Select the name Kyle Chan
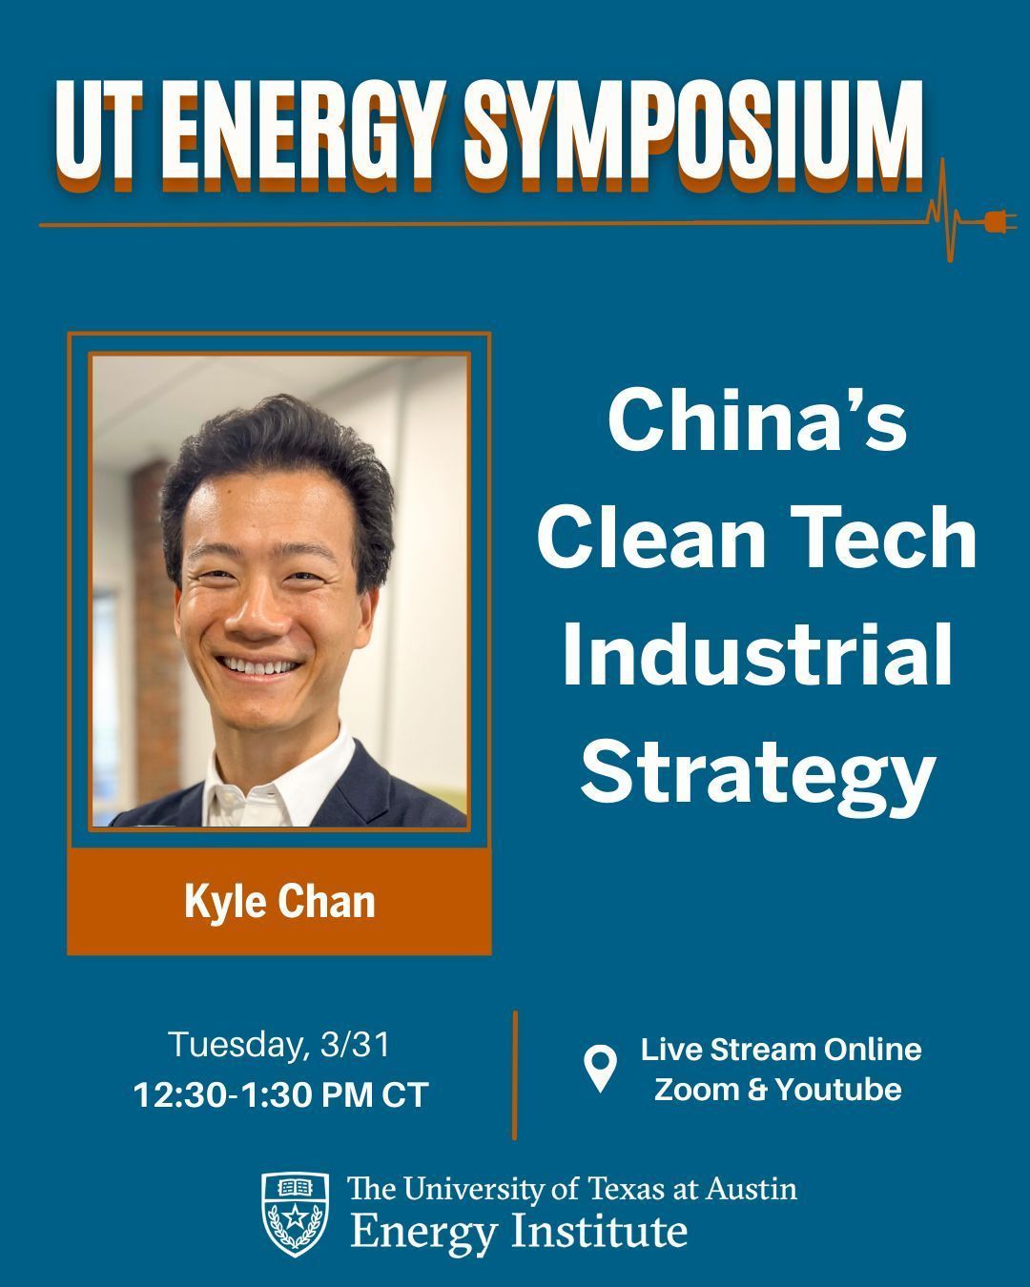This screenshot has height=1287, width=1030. pyautogui.click(x=279, y=903)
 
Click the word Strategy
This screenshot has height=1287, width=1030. pyautogui.click(x=757, y=775)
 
